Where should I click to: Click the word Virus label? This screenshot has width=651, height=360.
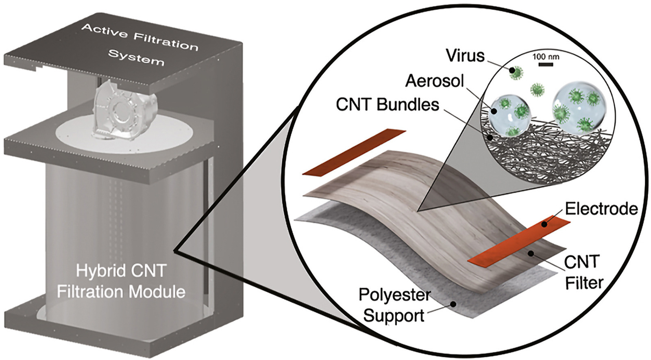[465, 56]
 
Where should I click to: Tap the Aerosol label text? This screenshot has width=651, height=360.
[434, 81]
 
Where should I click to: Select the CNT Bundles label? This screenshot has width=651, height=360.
[388, 105]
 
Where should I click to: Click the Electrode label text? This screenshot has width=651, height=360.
[601, 209]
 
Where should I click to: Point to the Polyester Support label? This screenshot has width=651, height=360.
[394, 305]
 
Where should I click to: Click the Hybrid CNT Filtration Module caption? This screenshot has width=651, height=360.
[121, 281]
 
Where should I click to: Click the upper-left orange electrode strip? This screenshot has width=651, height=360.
[354, 152]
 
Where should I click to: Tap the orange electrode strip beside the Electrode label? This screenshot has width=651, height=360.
[519, 240]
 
